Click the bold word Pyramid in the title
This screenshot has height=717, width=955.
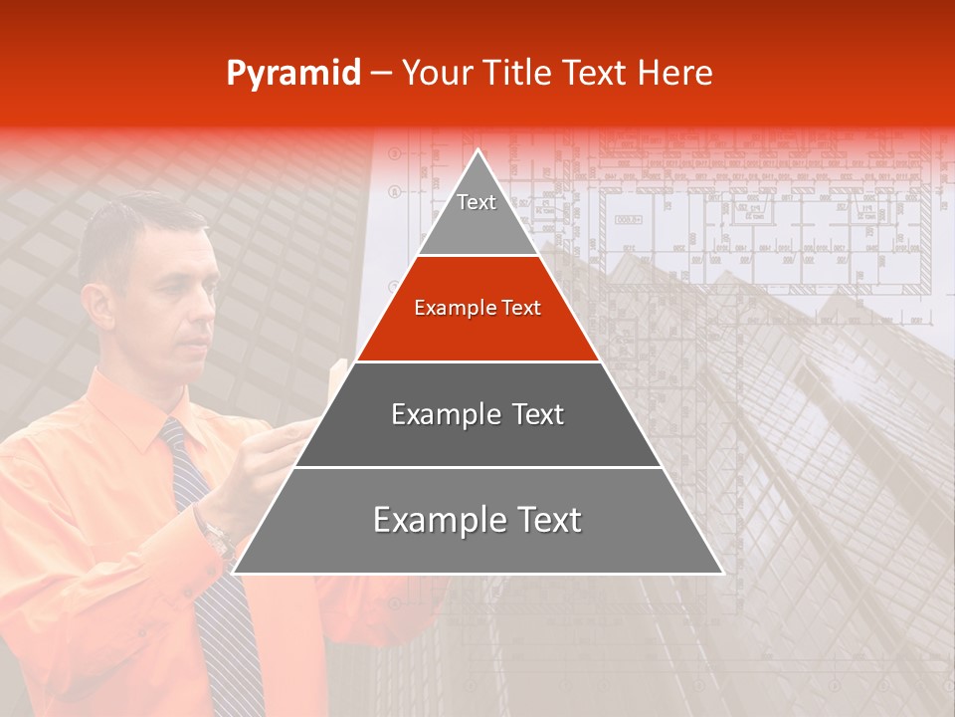click(292, 74)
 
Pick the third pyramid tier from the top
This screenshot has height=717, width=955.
click(477, 414)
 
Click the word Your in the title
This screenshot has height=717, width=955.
click(436, 74)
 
